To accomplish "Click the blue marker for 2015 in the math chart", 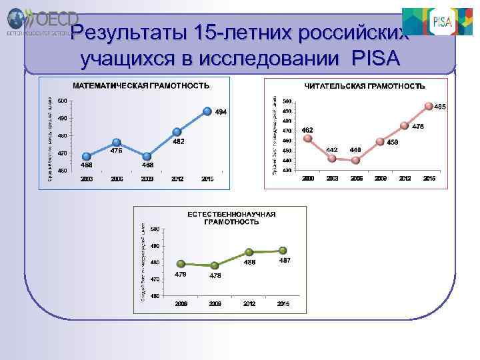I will coord(207,111).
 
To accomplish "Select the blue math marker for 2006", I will coord(117,142).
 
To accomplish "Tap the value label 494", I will coord(221,112).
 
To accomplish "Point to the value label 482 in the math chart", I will coord(179,141).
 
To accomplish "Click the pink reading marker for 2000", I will coord(307,139).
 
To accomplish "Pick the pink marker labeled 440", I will coord(356,159).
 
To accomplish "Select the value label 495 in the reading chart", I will coord(440,107).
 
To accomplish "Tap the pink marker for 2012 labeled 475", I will coord(404,125).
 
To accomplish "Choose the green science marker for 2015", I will coord(283,251).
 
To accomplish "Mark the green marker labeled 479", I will coord(180,263).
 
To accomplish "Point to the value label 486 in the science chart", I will coord(249,262).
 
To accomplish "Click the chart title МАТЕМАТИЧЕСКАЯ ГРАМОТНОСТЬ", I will coord(141,86).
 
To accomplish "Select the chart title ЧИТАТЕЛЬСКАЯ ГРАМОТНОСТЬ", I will coord(365,86).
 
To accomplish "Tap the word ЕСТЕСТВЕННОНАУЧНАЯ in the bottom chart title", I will coord(231,215).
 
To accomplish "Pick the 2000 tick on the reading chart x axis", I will coord(307,179).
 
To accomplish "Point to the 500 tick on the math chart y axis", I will coord(61,101).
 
